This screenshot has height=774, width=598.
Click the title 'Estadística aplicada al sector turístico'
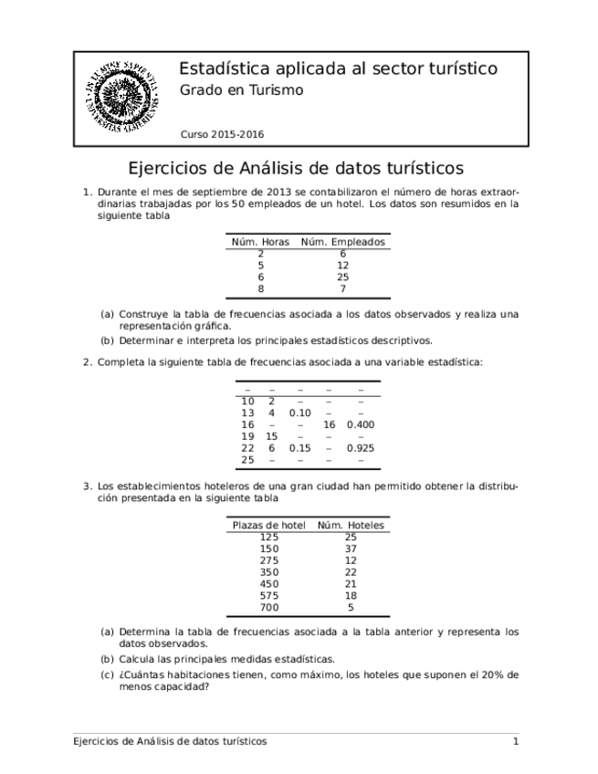338,69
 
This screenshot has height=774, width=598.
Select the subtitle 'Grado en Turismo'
241,90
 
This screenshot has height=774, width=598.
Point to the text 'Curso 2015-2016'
222,133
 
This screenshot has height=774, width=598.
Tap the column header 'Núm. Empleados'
343,242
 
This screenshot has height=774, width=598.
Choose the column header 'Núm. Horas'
261,242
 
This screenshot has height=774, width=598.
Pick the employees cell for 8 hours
343,288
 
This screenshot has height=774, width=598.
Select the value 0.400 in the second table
361,425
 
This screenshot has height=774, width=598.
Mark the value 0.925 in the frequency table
361,448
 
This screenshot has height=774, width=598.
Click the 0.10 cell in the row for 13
299,413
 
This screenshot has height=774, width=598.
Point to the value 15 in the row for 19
271,437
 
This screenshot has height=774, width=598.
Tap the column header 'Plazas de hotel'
269,526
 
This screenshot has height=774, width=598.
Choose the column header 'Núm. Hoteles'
351,526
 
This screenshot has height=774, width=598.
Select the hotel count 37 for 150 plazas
351,549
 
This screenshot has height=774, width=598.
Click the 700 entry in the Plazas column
269,608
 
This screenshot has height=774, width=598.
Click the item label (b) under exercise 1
108,341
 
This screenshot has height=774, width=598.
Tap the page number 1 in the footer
515,741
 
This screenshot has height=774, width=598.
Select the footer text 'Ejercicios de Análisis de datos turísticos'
170,741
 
